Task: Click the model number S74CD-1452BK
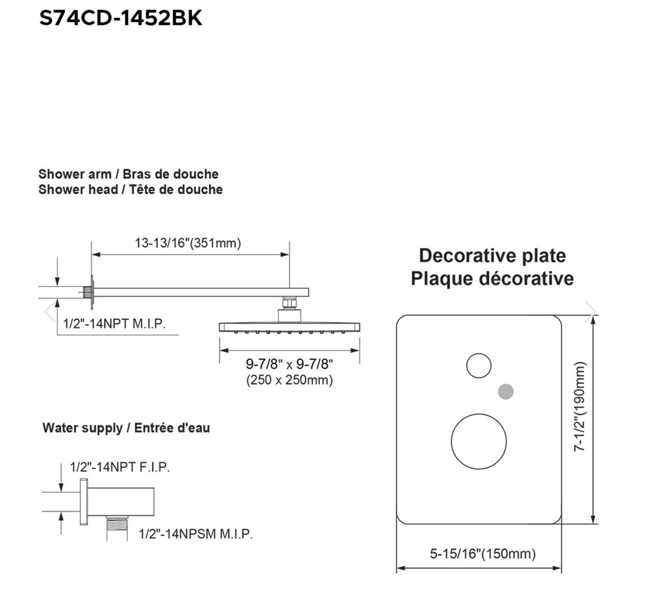click(x=121, y=18)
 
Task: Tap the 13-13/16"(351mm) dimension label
click(x=188, y=242)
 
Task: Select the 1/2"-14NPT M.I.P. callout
click(x=114, y=323)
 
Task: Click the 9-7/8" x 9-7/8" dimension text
click(x=289, y=364)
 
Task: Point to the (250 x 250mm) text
click(x=289, y=380)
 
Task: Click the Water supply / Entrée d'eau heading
click(x=126, y=428)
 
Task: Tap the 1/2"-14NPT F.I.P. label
click(x=120, y=467)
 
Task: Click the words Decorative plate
click(x=492, y=255)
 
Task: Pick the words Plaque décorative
click(x=492, y=278)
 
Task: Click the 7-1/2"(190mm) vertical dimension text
click(x=580, y=407)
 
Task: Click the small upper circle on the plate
click(x=478, y=366)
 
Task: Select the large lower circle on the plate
click(x=478, y=441)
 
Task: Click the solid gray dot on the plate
click(x=506, y=392)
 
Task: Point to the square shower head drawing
click(x=289, y=327)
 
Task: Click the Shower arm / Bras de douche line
click(x=128, y=174)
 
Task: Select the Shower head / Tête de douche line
click(x=131, y=189)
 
